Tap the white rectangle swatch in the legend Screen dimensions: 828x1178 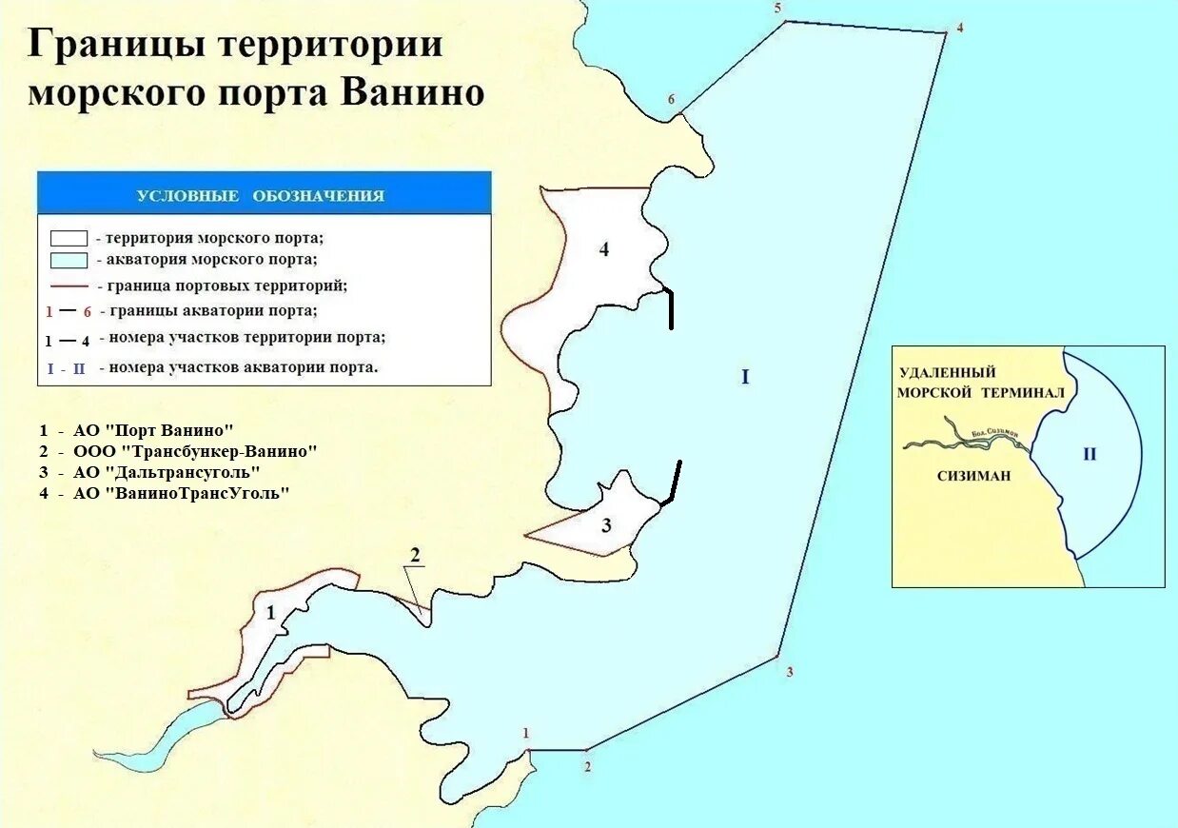point(69,238)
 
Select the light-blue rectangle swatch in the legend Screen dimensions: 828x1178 point(69,260)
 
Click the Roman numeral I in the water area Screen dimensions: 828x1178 point(745,378)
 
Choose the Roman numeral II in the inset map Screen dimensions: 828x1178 point(1090,454)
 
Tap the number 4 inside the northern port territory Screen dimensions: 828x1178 point(603,250)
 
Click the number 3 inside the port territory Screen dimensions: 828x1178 point(606,524)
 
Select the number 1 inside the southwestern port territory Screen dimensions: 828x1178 point(270,613)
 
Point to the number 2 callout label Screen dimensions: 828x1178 point(415,555)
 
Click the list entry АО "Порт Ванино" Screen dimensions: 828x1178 point(152,429)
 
